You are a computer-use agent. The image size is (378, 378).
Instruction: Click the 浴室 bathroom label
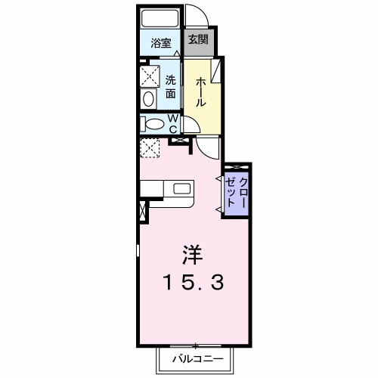(161, 43)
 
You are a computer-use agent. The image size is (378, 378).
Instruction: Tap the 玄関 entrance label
(198, 40)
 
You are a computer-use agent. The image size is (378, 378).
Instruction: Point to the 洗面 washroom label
(171, 87)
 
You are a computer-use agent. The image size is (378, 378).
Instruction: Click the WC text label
(173, 123)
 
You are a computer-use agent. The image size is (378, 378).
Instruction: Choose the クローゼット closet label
(237, 193)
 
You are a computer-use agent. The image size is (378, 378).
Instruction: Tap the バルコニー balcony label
(198, 358)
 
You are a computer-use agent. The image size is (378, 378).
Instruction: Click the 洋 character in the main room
(193, 255)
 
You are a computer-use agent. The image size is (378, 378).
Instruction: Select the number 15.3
(194, 282)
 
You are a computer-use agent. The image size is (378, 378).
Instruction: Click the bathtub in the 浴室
(160, 17)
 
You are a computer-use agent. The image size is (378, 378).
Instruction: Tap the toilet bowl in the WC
(154, 124)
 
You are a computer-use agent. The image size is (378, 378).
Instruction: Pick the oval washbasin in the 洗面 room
(148, 99)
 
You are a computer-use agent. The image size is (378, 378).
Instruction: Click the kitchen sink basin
(181, 188)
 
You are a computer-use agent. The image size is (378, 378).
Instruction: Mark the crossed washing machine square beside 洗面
(150, 76)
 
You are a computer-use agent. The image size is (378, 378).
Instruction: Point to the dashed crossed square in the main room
(150, 148)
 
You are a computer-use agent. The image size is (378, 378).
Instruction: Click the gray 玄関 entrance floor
(199, 42)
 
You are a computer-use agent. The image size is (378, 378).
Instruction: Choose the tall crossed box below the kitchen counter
(143, 211)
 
